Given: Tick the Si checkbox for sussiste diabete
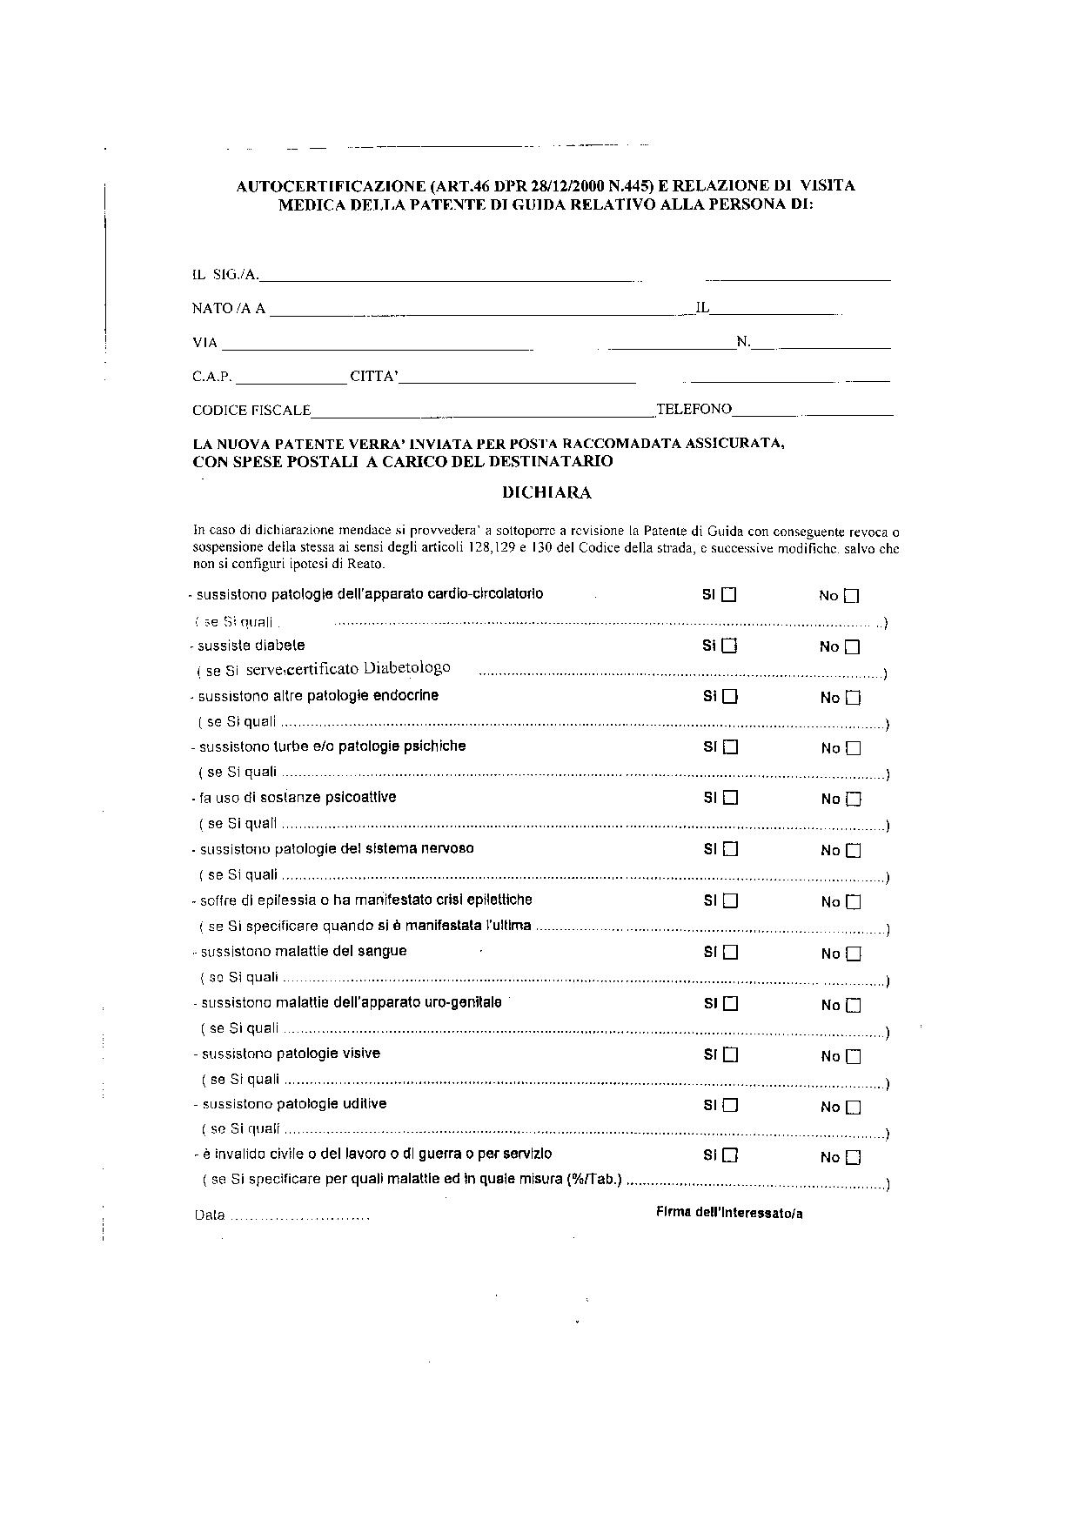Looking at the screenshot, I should click(730, 646).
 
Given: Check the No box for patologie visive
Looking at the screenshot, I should click(853, 1057).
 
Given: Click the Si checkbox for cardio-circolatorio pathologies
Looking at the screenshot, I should click(729, 595).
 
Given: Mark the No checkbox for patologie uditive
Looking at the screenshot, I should click(853, 1108).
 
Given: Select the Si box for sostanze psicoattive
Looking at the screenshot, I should click(730, 798).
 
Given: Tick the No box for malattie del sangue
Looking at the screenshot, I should click(853, 954).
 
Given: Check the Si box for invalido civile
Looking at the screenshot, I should click(731, 1156).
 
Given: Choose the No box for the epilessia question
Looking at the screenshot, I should click(853, 902).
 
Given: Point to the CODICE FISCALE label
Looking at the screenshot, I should click(251, 410).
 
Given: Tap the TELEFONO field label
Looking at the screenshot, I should click(694, 409).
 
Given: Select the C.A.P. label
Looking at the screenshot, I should click(212, 377).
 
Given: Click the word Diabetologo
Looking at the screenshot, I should click(407, 668).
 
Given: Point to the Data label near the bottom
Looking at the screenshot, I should click(210, 1215).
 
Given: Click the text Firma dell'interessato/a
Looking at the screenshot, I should click(729, 1214).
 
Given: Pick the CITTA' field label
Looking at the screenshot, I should click(374, 377).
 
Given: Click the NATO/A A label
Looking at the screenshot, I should click(229, 309).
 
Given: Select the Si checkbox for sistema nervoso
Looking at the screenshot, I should click(730, 849).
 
